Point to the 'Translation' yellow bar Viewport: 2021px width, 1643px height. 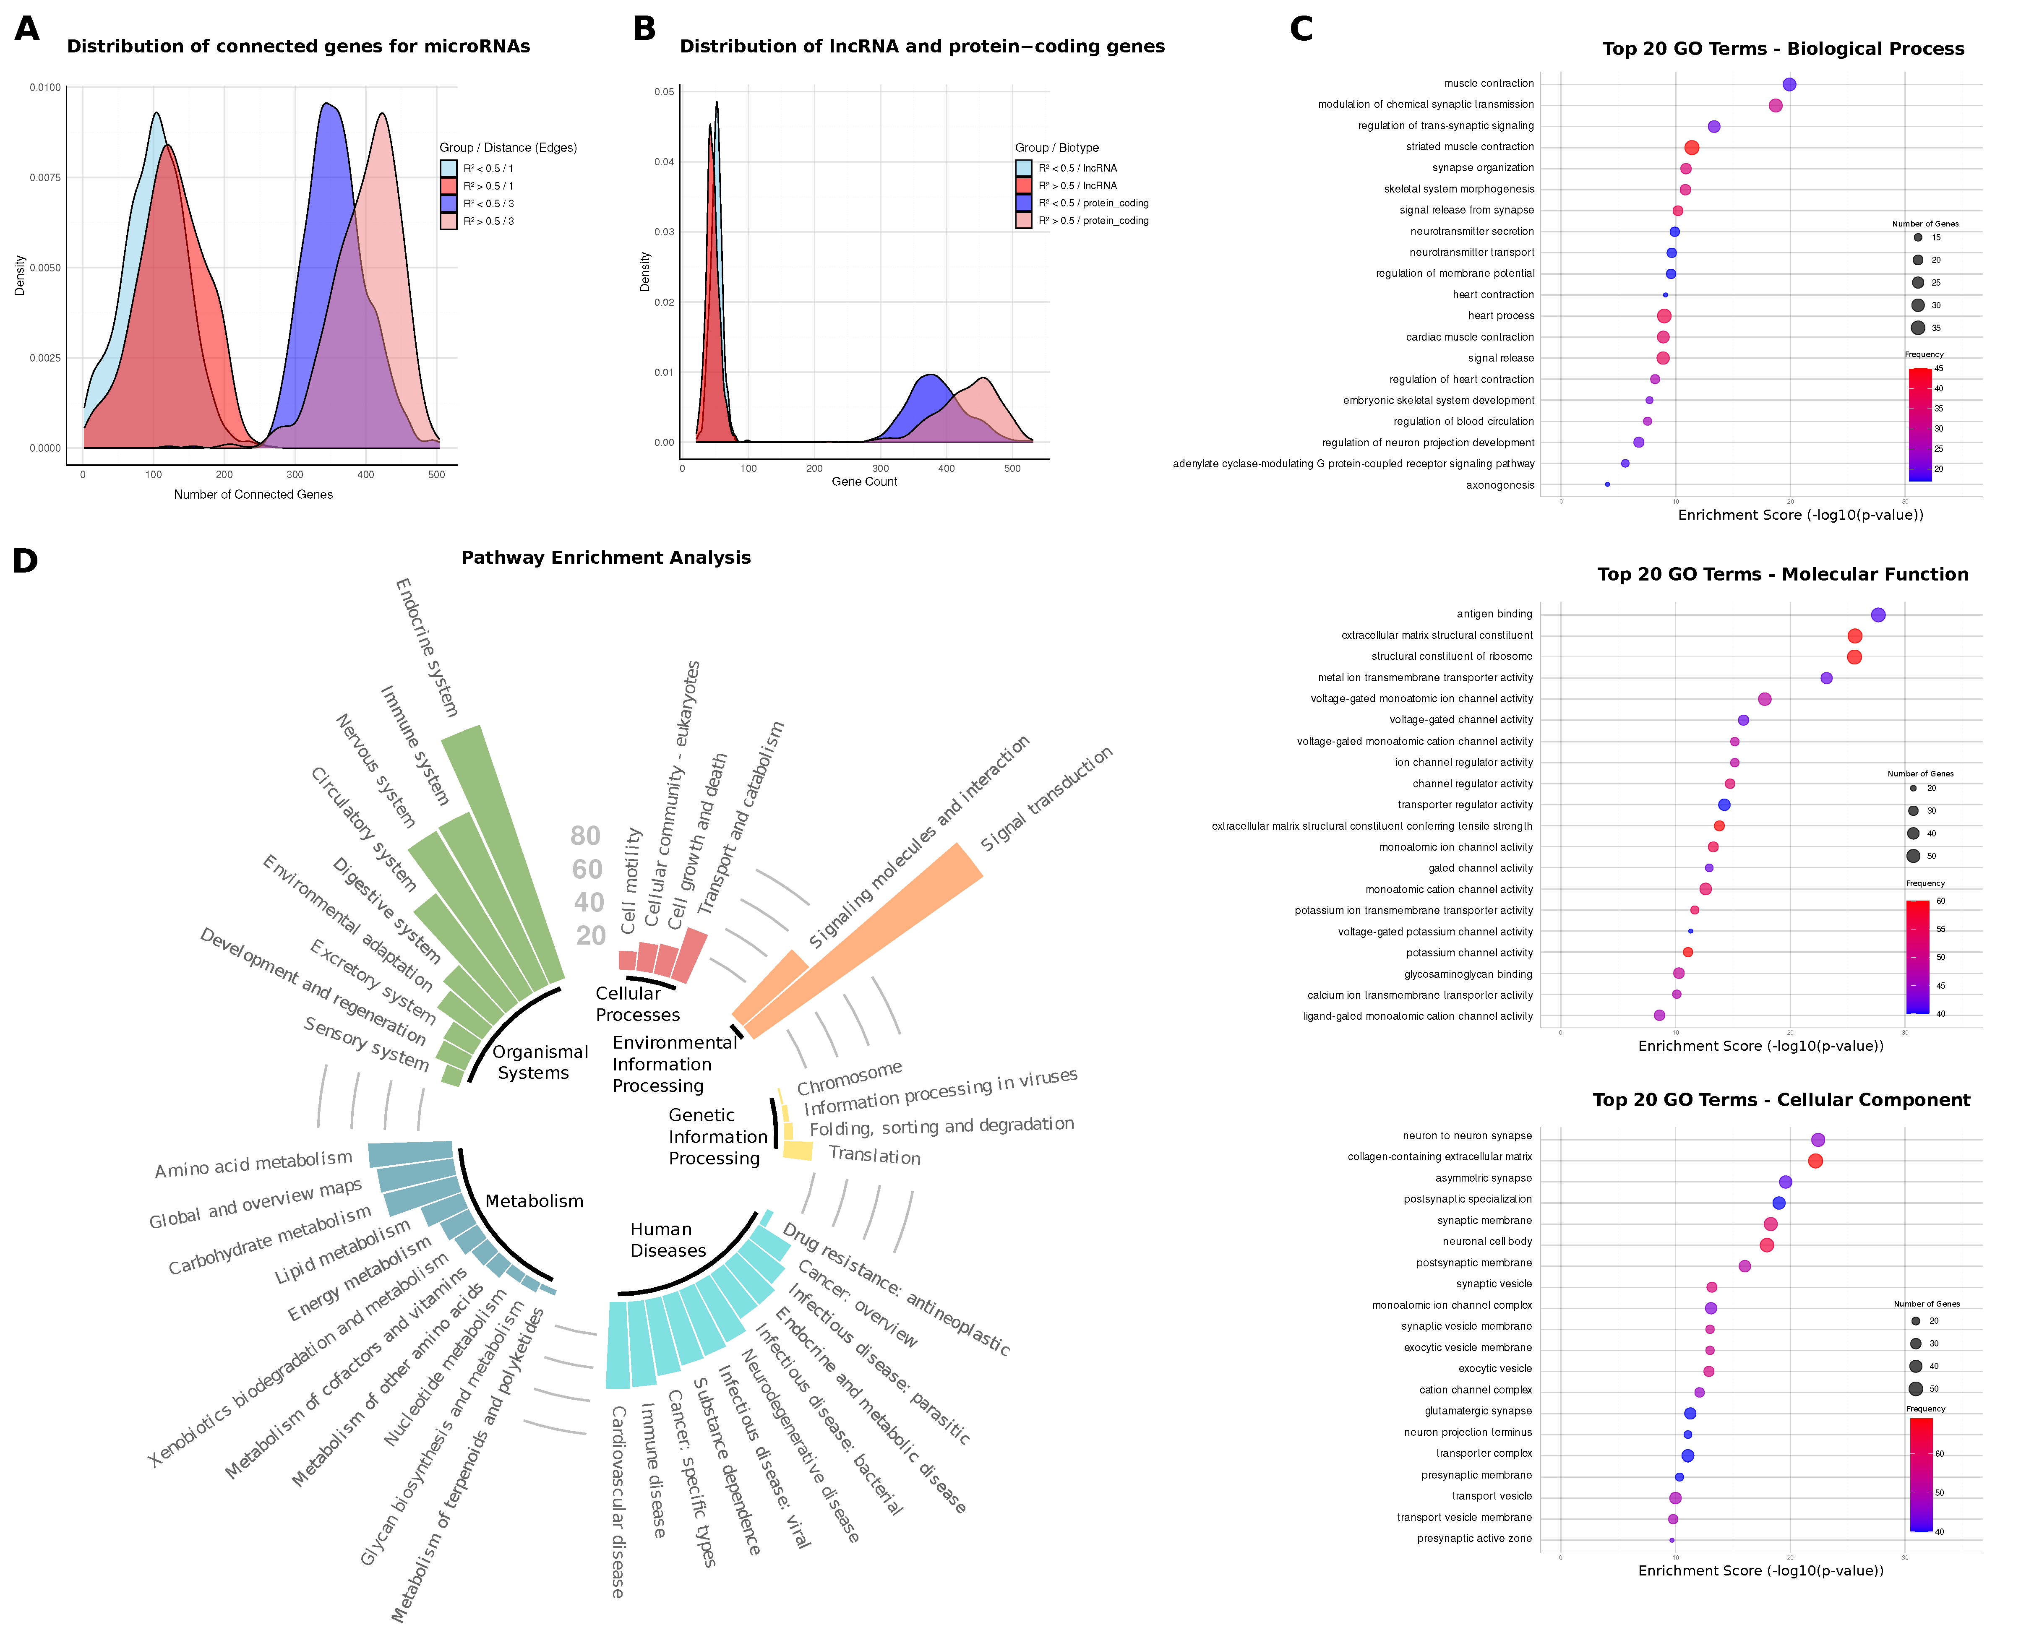pyautogui.click(x=797, y=1150)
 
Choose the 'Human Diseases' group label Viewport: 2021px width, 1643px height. pyautogui.click(x=668, y=1240)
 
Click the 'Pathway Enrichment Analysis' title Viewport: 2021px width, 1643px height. pyautogui.click(x=606, y=557)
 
